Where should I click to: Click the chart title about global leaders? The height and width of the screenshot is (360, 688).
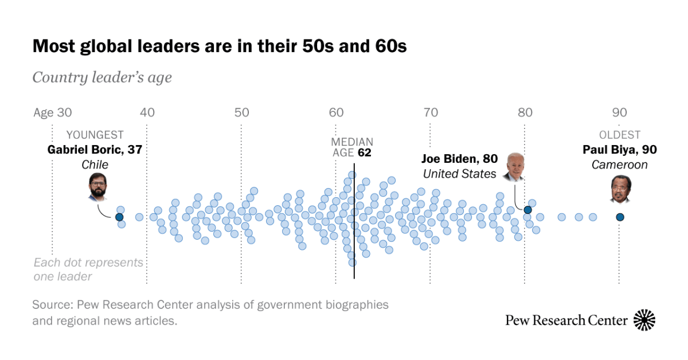(220, 46)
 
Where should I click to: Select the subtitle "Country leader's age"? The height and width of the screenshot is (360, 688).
(102, 77)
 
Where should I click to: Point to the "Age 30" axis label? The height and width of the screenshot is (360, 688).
(52, 112)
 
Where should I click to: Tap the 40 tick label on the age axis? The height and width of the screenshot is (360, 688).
(147, 112)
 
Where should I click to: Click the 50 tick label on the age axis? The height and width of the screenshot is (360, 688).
(241, 112)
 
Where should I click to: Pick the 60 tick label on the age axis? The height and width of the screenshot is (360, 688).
(336, 112)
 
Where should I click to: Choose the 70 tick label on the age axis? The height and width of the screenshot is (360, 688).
(430, 112)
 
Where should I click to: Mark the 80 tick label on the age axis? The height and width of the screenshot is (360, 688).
(525, 112)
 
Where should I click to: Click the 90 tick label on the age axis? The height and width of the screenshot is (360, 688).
(619, 112)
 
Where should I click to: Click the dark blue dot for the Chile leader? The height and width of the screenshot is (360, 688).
(119, 217)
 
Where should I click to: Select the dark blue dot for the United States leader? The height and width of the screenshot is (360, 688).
(527, 210)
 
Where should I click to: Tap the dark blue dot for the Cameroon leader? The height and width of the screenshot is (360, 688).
(620, 217)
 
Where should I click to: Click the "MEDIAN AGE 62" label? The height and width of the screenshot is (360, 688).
(352, 147)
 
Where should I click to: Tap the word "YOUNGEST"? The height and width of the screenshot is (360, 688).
(95, 135)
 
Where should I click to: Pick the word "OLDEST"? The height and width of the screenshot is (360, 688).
(620, 135)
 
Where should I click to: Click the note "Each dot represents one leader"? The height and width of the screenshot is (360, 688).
(88, 269)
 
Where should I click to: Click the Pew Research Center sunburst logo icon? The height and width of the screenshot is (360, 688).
(644, 320)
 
